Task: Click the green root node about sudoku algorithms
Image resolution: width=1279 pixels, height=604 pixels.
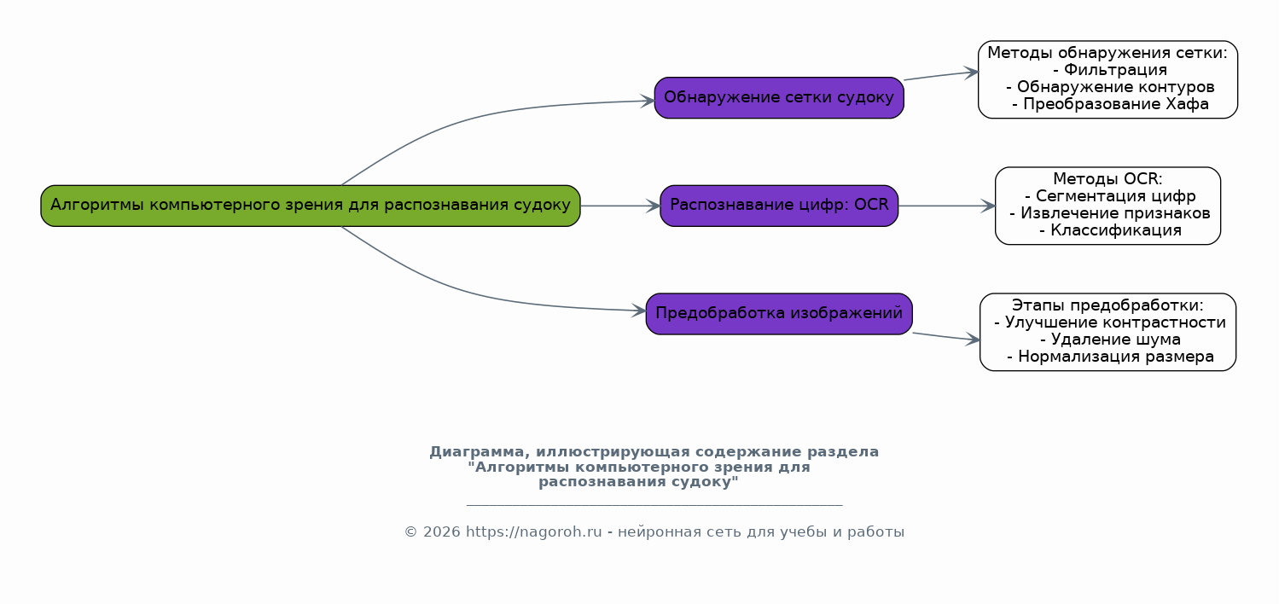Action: tap(311, 206)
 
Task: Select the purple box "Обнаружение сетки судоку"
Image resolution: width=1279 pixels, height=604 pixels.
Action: tap(779, 97)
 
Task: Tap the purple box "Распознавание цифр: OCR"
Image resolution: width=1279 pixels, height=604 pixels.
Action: tap(779, 206)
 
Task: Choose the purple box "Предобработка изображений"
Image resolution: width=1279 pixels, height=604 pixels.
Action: tap(779, 313)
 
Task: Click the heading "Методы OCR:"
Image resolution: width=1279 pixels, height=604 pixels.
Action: tap(1107, 179)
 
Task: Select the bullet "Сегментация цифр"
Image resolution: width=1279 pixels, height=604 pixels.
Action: tap(1109, 196)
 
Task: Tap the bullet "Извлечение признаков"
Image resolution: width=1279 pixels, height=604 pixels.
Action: tap(1109, 213)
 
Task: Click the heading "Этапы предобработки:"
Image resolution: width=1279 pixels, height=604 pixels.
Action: tap(1107, 305)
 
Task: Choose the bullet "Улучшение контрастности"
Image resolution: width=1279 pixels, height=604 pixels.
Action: tap(1109, 322)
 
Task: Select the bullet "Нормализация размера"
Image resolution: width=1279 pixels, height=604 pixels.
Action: tap(1110, 357)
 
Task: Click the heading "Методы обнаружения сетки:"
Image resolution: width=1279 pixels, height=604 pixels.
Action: tap(1107, 53)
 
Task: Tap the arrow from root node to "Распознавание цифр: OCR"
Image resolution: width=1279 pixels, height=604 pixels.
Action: tap(620, 206)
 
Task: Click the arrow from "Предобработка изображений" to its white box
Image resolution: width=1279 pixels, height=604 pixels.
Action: tap(946, 336)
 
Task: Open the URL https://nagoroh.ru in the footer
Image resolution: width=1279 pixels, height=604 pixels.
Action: tap(533, 532)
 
